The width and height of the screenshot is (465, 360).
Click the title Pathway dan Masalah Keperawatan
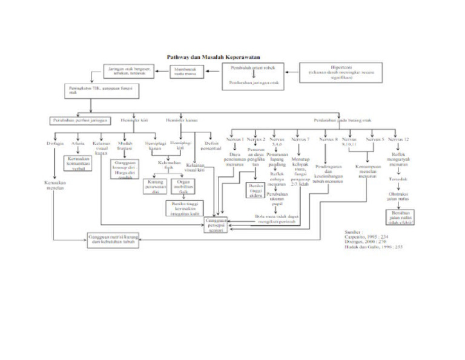point(200,57)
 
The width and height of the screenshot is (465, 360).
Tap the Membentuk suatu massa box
point(185,72)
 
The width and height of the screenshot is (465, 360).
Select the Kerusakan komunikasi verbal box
point(77,163)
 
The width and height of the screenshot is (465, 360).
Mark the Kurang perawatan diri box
point(155,185)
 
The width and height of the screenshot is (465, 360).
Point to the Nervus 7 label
point(300,139)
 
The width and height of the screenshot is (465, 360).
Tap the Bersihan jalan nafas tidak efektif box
point(398,217)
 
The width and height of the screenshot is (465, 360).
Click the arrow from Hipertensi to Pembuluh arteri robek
point(291,72)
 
